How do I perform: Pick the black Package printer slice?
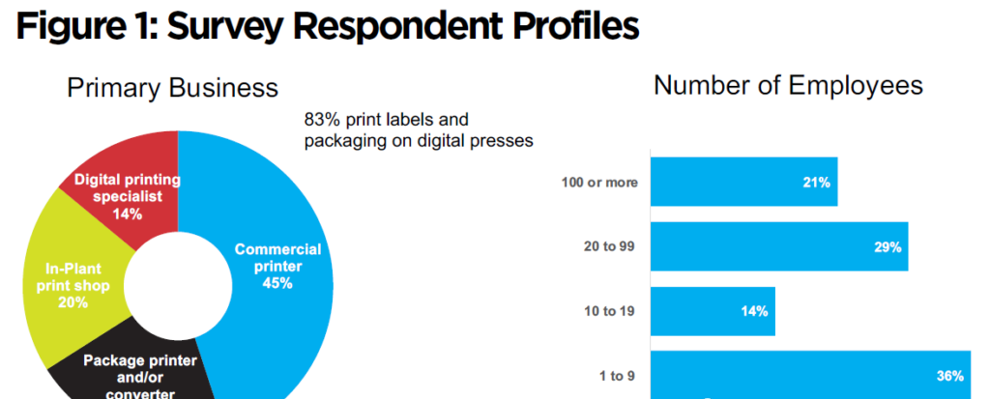pos(145,372)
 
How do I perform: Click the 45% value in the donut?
pos(277,283)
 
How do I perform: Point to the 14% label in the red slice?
pos(128,214)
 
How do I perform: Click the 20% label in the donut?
pos(73,302)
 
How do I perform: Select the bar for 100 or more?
pos(742,183)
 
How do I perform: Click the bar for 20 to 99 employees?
pos(779,246)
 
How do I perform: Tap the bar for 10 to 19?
pos(713,311)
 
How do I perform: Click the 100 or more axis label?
pos(599,183)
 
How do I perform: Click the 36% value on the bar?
pos(949,375)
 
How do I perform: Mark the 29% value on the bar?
pos(888,247)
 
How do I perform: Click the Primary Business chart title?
pos(172,89)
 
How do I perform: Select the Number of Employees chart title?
pos(788,85)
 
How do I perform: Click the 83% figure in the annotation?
pos(322,121)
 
